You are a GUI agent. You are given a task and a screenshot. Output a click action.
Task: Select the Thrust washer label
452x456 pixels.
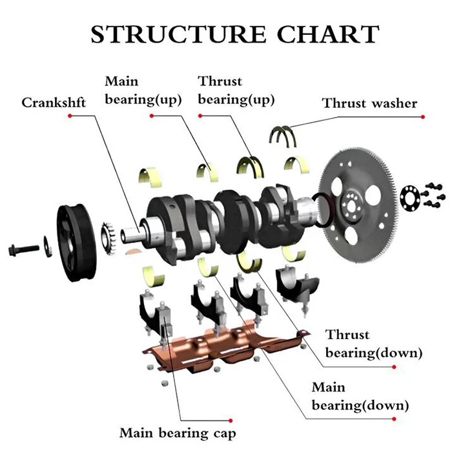point(370,103)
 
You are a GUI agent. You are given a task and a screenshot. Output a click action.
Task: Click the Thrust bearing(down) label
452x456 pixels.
point(374,344)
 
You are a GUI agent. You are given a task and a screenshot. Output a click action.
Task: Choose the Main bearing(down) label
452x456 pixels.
point(360,397)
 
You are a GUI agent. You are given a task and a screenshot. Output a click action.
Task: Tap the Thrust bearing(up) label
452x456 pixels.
point(236,90)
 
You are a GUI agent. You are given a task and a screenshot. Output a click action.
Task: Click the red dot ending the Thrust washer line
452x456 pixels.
point(423,117)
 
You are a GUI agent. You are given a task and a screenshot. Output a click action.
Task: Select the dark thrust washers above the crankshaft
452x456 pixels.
point(283,135)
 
